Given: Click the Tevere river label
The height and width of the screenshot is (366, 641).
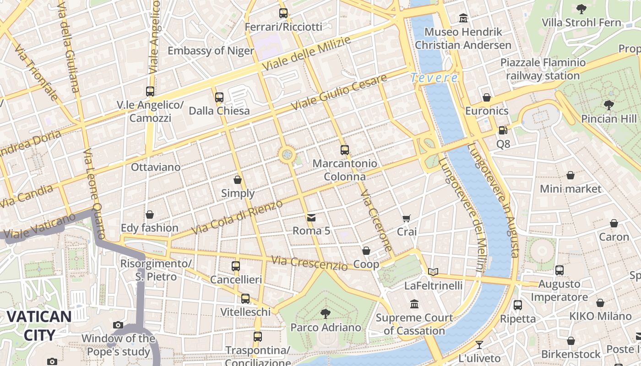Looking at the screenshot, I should tap(434, 78).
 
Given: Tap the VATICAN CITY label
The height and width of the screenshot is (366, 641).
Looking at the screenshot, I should tap(39, 325).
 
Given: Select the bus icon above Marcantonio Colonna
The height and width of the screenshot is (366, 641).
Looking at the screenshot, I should tap(344, 150).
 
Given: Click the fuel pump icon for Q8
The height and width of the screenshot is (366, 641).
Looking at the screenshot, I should tap(503, 130).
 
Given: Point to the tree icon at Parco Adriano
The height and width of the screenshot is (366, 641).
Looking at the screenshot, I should tap(325, 314).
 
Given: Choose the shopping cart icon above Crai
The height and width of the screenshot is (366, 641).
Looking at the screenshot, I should tap(407, 218).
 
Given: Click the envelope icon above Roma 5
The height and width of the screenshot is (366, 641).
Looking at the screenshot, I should tap(311, 217).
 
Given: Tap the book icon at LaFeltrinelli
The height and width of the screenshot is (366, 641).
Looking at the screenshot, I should tap(433, 272).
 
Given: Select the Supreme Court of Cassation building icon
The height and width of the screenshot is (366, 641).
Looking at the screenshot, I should tap(414, 304).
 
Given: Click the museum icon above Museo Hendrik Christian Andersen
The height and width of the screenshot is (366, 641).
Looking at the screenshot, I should tap(463, 18).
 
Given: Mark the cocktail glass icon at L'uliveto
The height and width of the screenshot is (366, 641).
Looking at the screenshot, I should tap(479, 344).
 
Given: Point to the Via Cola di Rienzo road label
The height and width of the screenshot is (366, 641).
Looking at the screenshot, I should tap(237, 217).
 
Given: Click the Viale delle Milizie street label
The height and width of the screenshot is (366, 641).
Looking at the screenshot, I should tap(306, 54).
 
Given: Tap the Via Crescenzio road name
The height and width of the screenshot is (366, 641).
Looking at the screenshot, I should tap(310, 263).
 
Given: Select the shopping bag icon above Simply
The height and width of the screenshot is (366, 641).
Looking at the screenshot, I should tap(237, 180).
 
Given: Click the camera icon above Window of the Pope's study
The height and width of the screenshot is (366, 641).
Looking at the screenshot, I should tap(118, 325).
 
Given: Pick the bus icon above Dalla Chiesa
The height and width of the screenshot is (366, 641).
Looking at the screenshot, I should tap(219, 97).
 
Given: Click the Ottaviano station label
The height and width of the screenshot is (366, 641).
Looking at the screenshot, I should tap(156, 167).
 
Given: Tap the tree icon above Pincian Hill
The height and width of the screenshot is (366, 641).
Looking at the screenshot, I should tap(608, 105).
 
